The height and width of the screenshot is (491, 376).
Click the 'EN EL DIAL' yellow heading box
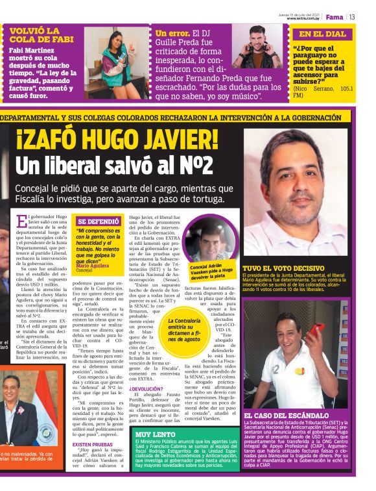pyautogui.click(x=322, y=34)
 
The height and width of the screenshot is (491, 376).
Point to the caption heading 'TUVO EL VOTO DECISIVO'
pyautogui.click(x=283, y=268)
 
